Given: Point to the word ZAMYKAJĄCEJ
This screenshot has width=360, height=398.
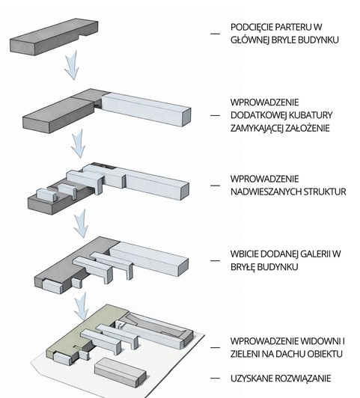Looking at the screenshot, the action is coord(257,128).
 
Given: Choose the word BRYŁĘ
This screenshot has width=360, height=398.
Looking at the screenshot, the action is coord(243,267).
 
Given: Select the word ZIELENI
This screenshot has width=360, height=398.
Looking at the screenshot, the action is coord(244,354).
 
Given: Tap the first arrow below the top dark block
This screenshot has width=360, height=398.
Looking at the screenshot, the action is coord(72,67).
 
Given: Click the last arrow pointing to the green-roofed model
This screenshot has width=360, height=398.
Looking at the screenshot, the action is coord(82,307).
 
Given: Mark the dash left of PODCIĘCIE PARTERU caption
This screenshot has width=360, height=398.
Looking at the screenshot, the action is coord(216,34).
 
